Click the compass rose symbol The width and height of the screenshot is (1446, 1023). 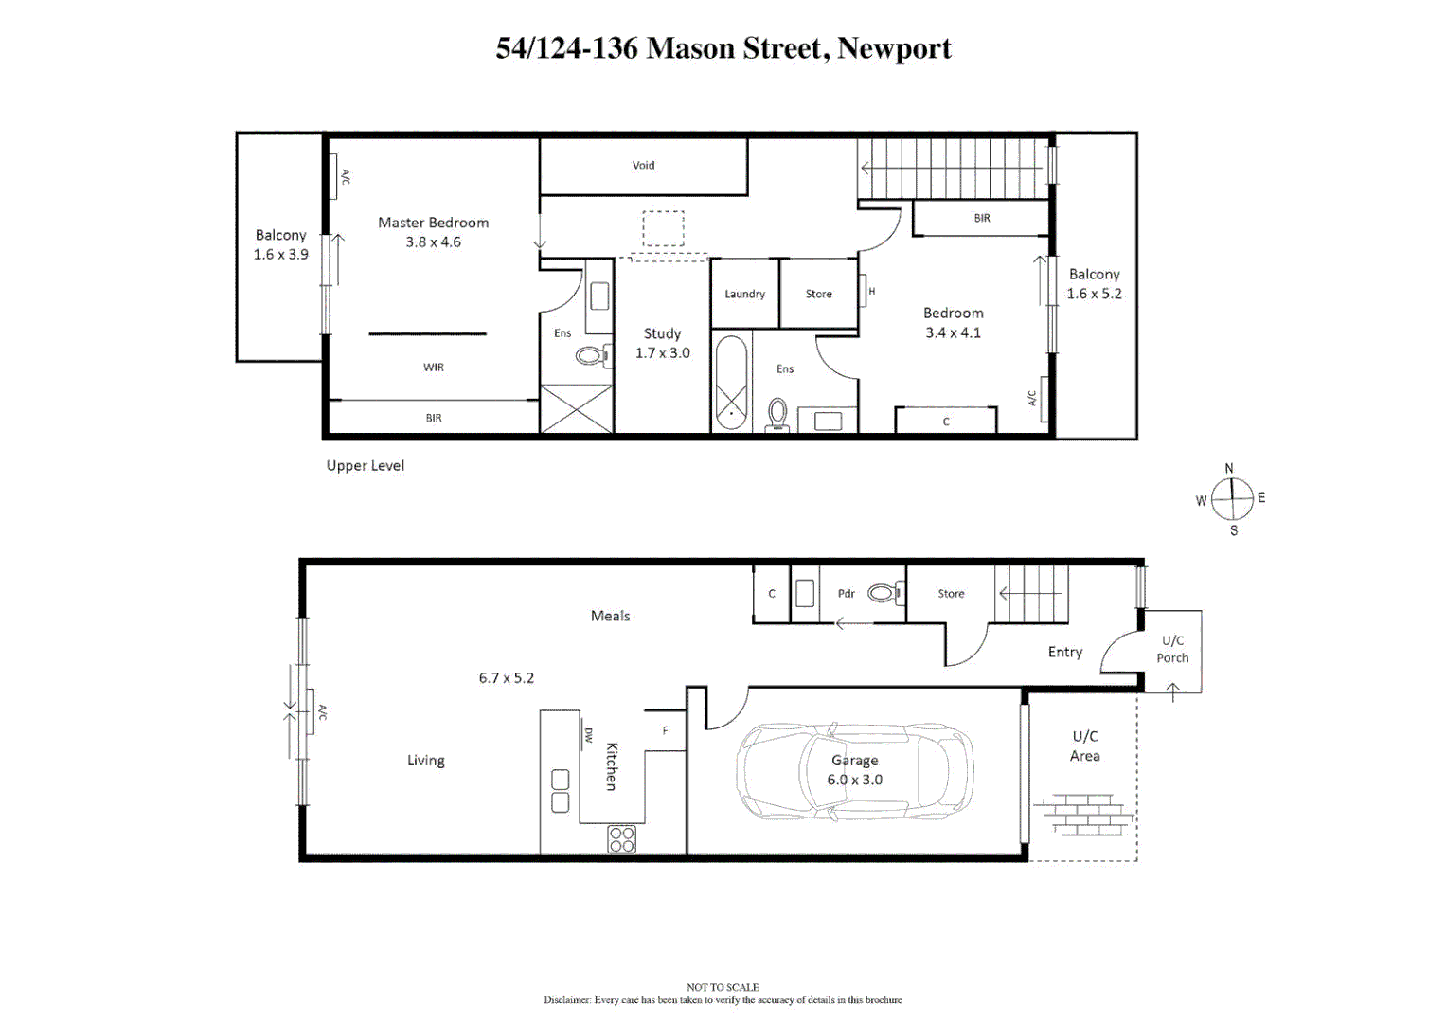coord(1232,499)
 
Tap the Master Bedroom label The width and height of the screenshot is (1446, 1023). coord(433,223)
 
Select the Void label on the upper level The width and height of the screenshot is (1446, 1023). coord(643,165)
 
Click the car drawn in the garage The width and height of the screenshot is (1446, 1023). coord(854,771)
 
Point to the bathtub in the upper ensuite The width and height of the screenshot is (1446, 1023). coord(730,382)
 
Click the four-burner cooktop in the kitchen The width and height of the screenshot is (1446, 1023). coord(621,839)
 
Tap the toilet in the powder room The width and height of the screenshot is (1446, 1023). coord(884,593)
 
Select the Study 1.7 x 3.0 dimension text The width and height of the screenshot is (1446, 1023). coord(662,353)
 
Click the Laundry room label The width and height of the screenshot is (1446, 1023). coord(744,294)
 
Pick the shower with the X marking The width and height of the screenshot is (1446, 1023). coord(576,408)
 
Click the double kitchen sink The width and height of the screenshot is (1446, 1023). coord(560,791)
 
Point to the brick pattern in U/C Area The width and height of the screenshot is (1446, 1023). coord(1084,816)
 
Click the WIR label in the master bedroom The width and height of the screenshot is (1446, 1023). coord(433,368)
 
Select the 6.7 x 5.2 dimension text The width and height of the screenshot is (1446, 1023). coord(506,678)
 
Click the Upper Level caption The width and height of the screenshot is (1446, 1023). coord(365,466)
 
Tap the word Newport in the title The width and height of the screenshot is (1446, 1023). coord(894,48)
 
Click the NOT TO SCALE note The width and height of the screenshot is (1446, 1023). coord(723,987)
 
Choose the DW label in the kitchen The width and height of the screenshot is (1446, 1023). coord(588,735)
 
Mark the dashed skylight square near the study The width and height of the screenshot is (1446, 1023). coord(663,228)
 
